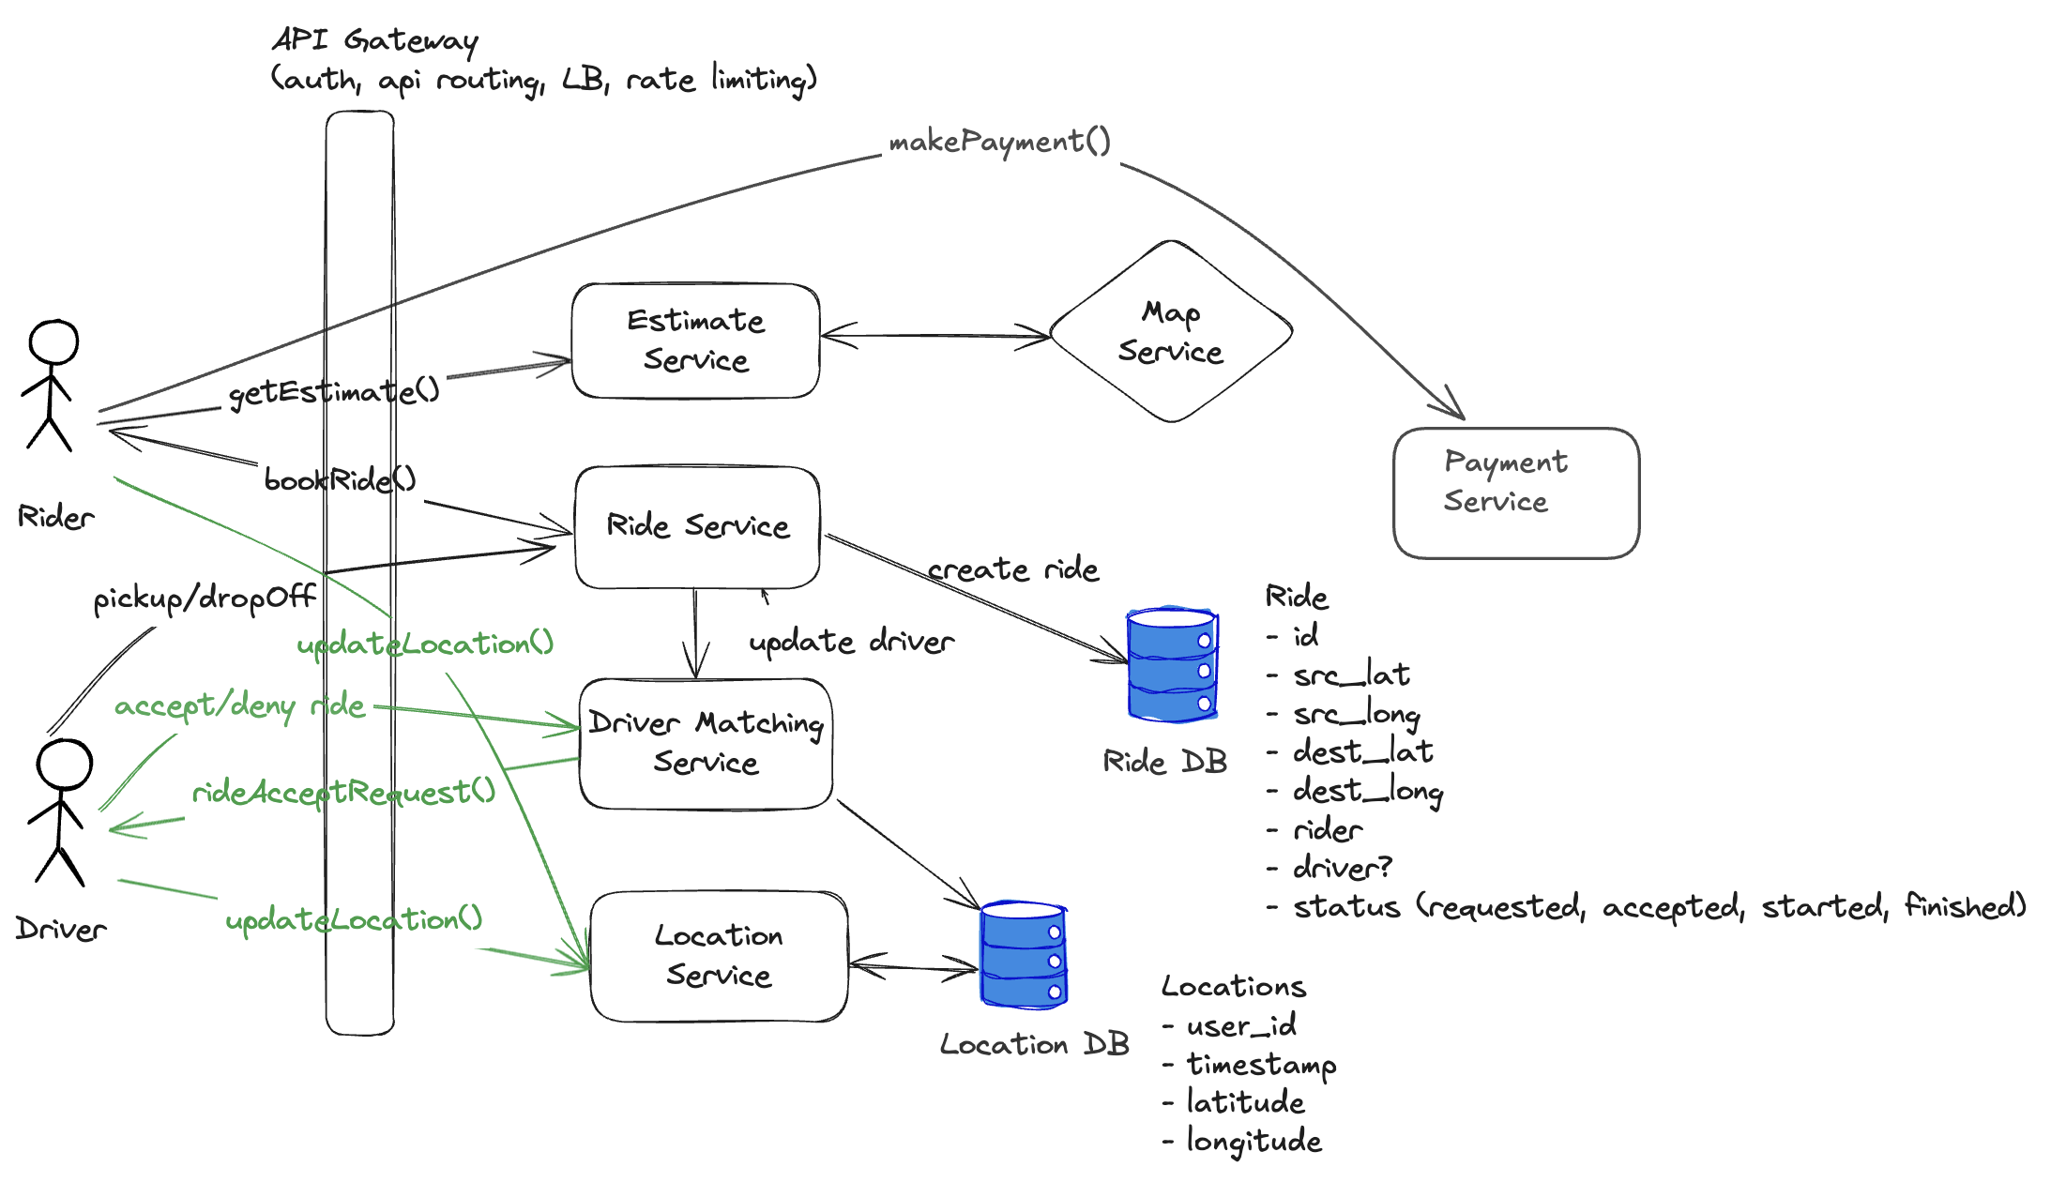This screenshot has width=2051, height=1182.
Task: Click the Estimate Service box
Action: click(695, 341)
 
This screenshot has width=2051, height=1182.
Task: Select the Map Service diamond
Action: click(1171, 332)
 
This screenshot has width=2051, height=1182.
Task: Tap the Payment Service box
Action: click(1516, 493)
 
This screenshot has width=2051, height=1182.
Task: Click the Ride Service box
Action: click(697, 527)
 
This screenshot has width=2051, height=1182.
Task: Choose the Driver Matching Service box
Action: click(706, 743)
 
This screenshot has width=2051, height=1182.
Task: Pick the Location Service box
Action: click(719, 956)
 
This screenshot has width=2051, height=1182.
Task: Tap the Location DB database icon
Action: click(1024, 955)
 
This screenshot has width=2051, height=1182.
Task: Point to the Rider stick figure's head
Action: click(53, 341)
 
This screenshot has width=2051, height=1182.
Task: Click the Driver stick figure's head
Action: click(64, 765)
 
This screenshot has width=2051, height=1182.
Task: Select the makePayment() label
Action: click(999, 142)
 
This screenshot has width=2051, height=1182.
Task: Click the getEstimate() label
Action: click(334, 391)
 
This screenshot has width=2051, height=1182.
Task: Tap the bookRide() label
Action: click(340, 480)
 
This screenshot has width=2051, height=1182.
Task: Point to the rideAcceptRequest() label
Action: click(343, 793)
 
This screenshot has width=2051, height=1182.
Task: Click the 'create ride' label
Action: click(1012, 569)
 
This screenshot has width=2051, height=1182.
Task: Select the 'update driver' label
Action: click(851, 642)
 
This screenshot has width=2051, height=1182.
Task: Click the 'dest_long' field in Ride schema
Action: click(1367, 791)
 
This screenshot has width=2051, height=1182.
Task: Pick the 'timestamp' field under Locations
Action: click(1261, 1065)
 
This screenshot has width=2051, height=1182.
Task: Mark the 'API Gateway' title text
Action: click(375, 40)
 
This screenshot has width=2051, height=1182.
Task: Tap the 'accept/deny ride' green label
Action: click(239, 705)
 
